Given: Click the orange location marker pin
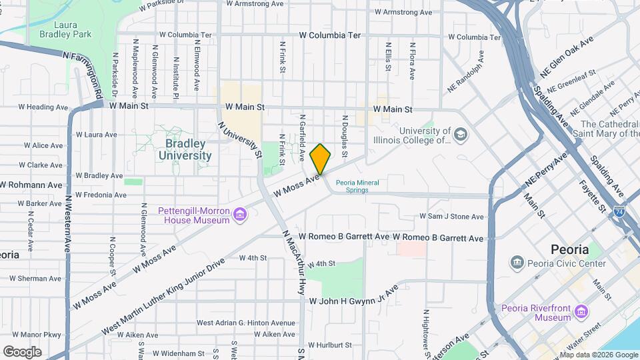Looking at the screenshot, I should click(x=320, y=159).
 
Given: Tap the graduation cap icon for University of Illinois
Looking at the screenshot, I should click(x=460, y=135).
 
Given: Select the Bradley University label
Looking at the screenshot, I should click(x=185, y=150).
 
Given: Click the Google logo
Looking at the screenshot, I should click(x=22, y=351).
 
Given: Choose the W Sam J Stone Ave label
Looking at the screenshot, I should click(x=451, y=217).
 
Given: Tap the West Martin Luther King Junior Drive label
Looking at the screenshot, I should click(x=164, y=297).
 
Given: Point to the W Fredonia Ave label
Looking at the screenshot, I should click(x=101, y=195).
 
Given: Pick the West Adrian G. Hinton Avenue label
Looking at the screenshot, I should click(x=245, y=323).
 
